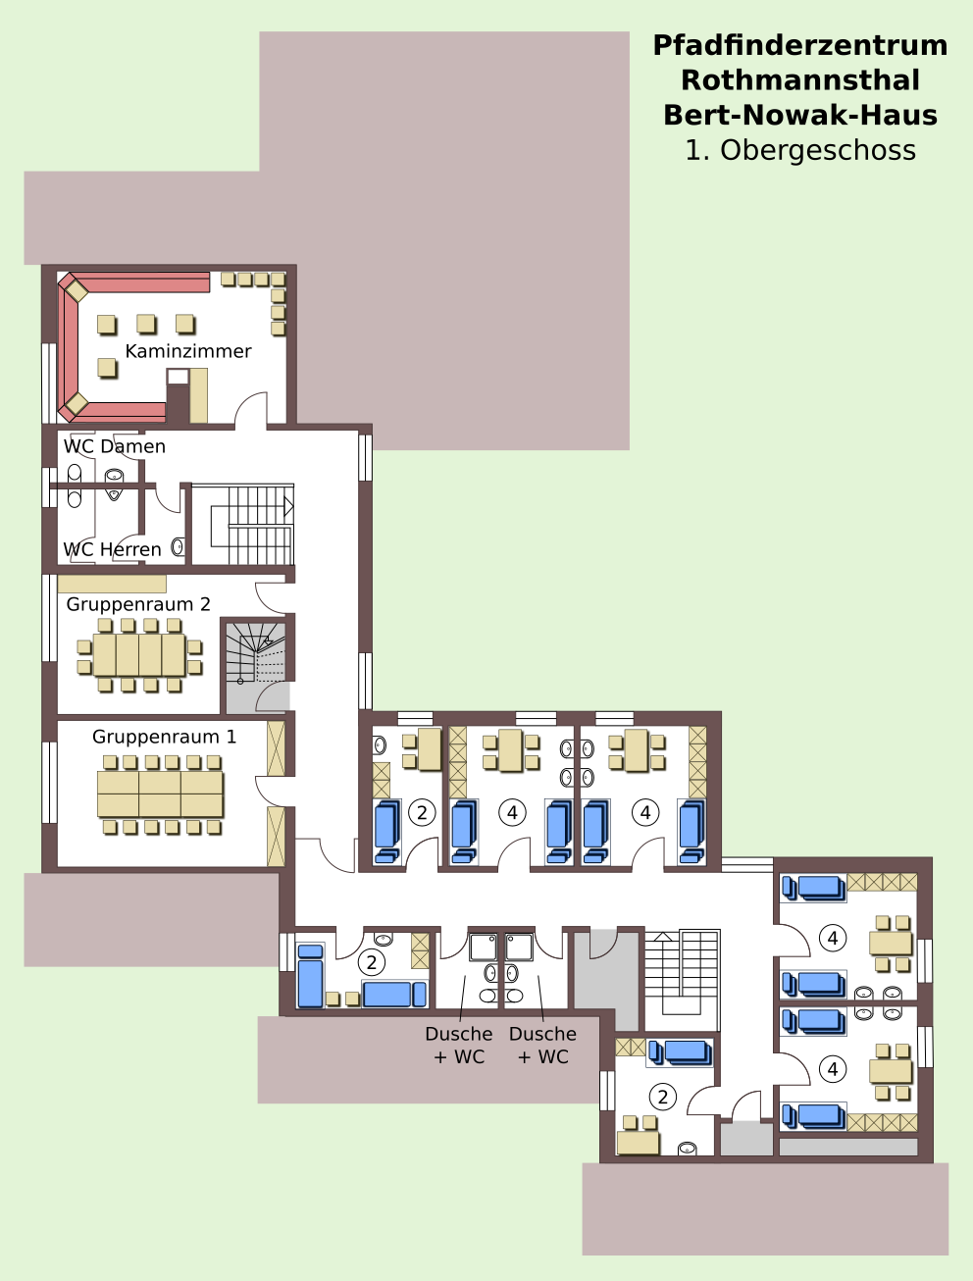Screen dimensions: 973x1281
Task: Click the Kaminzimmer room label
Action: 188,351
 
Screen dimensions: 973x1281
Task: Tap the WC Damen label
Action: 115,446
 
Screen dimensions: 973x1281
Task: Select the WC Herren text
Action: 112,549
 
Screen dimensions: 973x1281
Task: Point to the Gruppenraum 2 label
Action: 138,604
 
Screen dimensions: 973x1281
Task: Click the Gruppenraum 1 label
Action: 164,737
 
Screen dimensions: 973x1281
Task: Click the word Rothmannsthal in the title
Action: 800,80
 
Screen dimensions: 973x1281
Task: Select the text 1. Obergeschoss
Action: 800,151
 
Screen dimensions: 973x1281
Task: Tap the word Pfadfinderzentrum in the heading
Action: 800,45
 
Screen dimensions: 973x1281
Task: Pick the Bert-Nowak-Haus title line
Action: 800,116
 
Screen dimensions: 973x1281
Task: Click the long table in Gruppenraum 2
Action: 139,655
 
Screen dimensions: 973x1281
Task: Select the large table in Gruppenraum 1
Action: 160,794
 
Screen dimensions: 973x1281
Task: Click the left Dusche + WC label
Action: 459,1045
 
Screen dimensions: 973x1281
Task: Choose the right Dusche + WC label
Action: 542,1045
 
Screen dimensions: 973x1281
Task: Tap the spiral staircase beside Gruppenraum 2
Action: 256,653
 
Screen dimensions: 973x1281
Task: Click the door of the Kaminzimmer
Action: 251,410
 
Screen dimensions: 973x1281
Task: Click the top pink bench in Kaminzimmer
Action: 140,282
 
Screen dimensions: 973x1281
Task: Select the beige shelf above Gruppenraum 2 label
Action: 112,584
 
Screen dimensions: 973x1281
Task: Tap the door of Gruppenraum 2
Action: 272,598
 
